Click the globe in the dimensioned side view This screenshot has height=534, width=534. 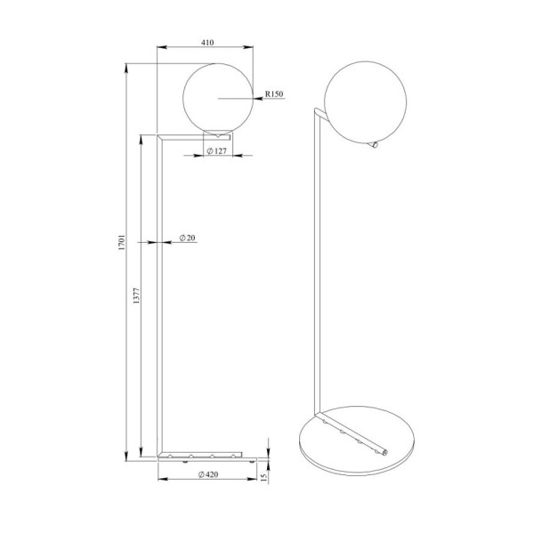pos(217,95)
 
